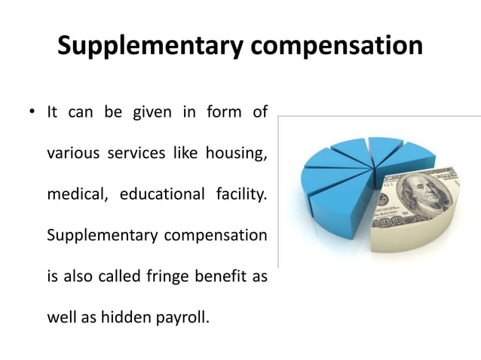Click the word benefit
tap(222, 276)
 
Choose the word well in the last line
tap(60, 316)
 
